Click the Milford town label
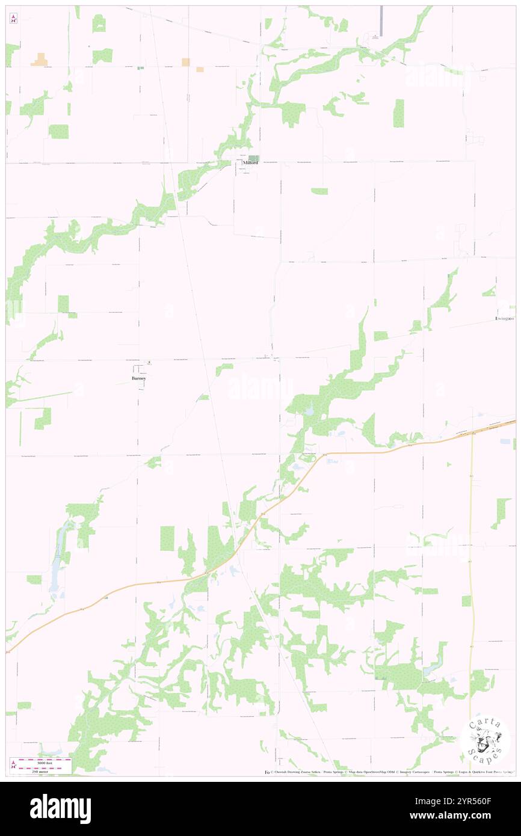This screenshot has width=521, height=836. tap(250, 163)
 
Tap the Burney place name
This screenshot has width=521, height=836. tap(138, 378)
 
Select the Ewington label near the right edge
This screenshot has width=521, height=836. tap(504, 318)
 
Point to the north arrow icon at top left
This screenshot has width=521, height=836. tap(13, 19)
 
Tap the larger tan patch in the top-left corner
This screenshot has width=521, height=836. tap(40, 60)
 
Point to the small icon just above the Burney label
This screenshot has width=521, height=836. tap(150, 363)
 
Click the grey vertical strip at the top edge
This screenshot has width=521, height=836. tap(381, 20)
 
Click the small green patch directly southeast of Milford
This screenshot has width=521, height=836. tap(319, 191)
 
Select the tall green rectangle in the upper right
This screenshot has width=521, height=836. tap(398, 113)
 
